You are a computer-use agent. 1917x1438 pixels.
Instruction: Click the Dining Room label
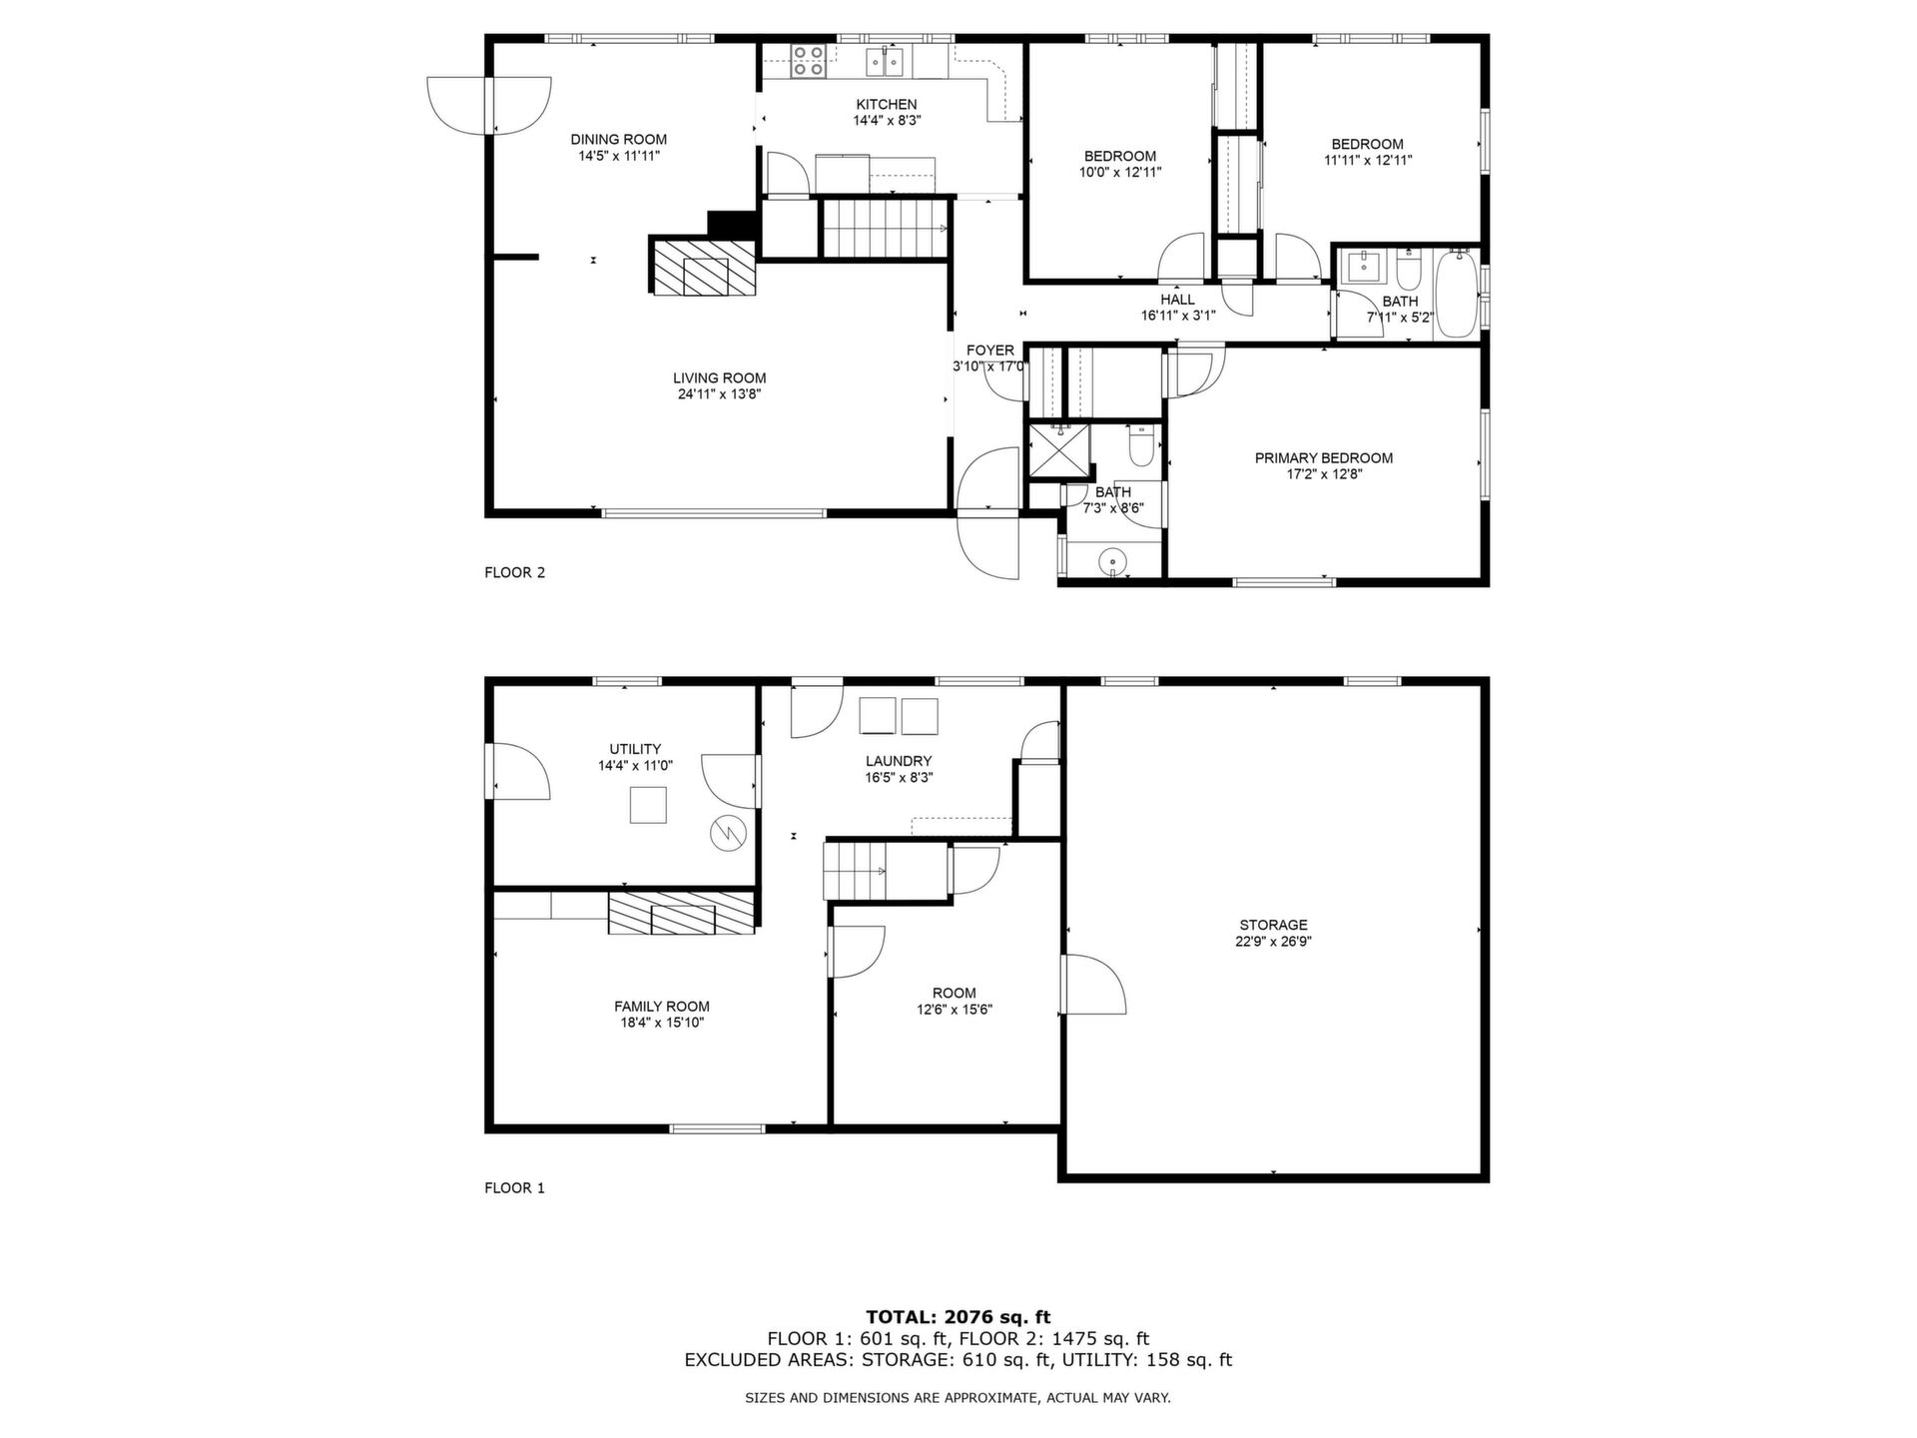(x=619, y=139)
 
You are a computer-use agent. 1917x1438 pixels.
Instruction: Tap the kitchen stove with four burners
(x=808, y=61)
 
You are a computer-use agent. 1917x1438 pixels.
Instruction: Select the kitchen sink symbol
(x=885, y=61)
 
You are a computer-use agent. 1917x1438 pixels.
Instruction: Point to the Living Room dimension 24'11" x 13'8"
(x=719, y=394)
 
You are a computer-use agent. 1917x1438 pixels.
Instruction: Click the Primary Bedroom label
(x=1324, y=458)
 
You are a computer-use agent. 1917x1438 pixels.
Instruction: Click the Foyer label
(x=990, y=351)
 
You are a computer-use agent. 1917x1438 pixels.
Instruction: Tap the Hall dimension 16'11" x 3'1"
(x=1178, y=316)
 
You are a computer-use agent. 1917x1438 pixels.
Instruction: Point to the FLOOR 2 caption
(x=515, y=573)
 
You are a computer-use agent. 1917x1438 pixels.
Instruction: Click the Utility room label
(x=635, y=749)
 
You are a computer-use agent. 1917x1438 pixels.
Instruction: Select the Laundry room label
(x=899, y=761)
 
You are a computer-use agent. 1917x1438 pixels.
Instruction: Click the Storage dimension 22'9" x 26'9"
(x=1273, y=941)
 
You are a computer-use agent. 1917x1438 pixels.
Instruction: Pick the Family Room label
(x=662, y=1007)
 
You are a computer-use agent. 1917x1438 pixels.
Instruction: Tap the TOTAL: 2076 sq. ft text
(x=958, y=1317)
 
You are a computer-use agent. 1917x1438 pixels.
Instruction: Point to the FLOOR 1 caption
(x=515, y=1188)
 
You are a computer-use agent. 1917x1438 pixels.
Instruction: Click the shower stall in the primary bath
(x=1059, y=450)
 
